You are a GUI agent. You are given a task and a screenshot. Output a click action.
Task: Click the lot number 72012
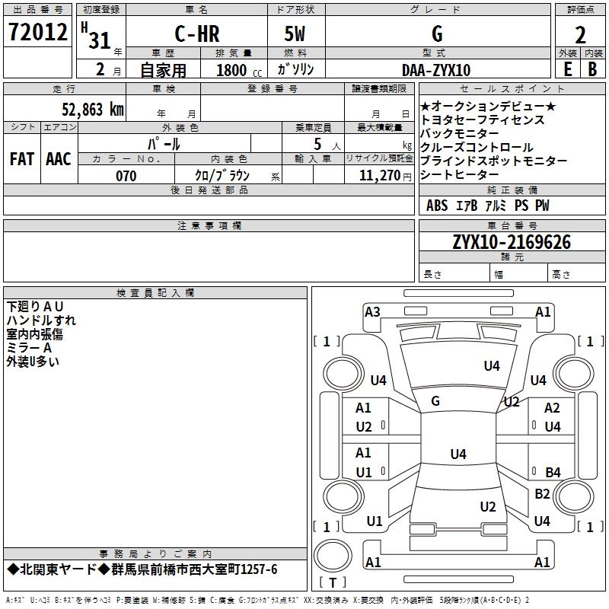(37, 33)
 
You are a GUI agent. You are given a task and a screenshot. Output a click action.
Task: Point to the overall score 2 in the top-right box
(580, 35)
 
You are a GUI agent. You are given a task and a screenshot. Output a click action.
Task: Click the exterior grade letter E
(567, 69)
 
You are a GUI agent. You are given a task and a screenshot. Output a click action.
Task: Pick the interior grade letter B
(592, 69)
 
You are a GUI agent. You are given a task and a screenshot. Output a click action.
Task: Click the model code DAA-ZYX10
(436, 71)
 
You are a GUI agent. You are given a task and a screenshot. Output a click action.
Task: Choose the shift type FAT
(21, 159)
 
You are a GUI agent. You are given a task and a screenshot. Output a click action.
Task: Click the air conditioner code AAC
(58, 159)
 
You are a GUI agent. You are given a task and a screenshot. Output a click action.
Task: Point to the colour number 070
(126, 176)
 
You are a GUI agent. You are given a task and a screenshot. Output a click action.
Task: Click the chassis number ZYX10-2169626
(511, 242)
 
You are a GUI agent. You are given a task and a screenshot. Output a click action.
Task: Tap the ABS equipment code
(437, 206)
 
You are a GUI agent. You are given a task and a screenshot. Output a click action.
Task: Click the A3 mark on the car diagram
(372, 311)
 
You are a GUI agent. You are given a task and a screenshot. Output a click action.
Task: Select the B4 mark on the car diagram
(553, 472)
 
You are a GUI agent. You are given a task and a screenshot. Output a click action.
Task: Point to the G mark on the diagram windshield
(435, 401)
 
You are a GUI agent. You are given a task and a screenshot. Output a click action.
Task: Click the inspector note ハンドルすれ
(41, 320)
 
